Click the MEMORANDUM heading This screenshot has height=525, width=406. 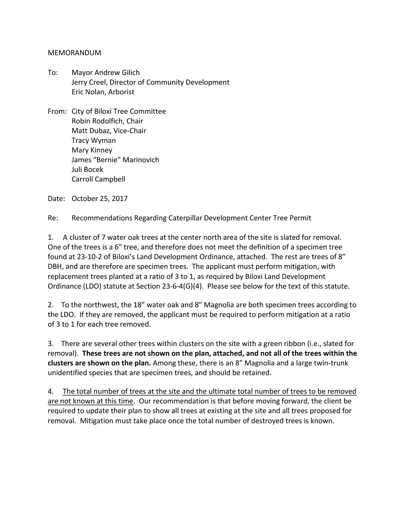coord(74,53)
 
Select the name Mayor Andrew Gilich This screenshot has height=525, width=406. coord(106,72)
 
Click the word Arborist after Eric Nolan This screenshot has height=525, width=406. coord(121,92)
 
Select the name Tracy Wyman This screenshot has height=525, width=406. coord(94,140)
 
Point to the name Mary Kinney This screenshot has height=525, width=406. coord(92,150)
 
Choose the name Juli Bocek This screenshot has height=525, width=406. coord(87,169)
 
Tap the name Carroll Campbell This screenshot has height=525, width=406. coord(98,179)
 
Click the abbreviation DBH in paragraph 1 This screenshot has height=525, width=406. coord(54,266)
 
